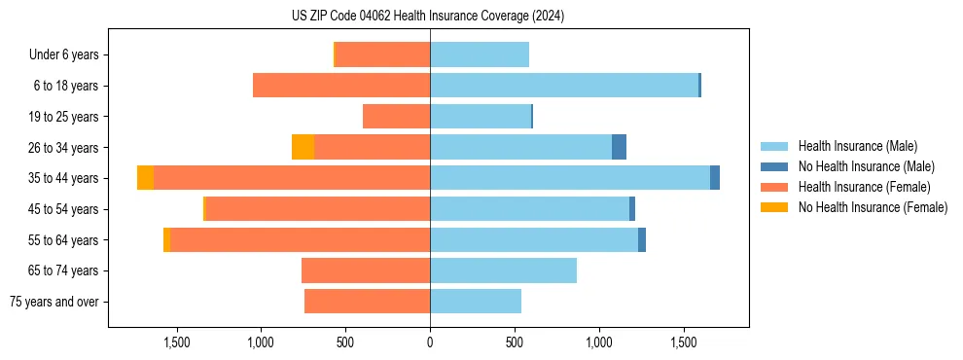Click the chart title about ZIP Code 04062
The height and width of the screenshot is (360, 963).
click(428, 16)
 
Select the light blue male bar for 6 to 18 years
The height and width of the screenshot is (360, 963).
click(564, 86)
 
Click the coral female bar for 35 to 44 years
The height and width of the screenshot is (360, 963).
click(292, 178)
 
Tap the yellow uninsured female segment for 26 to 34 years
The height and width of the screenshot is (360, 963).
click(303, 147)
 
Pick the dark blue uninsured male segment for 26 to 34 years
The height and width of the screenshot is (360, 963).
click(619, 147)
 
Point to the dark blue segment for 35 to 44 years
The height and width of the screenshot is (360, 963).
click(715, 178)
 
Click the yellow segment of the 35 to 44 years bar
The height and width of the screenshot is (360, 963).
click(145, 178)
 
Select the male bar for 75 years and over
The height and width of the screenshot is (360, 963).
click(476, 302)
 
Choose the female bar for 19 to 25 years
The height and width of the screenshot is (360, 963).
click(396, 117)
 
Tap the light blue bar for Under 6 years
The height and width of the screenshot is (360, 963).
click(480, 54)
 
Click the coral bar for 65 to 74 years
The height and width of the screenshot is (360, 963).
click(366, 270)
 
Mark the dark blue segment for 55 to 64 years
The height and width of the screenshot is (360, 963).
click(642, 239)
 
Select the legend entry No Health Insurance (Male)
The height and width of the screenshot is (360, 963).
click(865, 166)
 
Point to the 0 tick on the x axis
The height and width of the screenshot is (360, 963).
click(430, 342)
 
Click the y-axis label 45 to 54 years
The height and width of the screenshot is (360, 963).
click(63, 209)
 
